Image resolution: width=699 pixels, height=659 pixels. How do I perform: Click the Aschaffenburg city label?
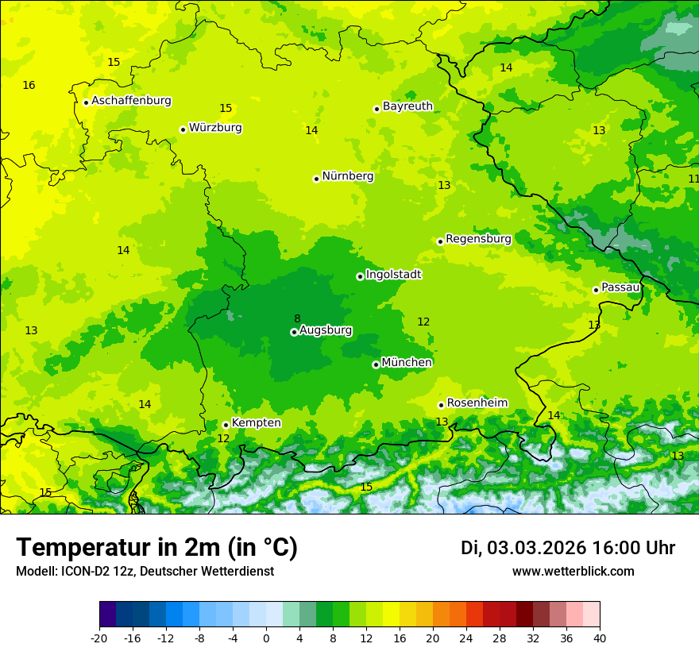tap(131, 101)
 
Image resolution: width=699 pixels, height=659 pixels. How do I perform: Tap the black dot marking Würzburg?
tap(183, 129)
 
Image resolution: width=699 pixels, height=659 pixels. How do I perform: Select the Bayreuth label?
tap(407, 106)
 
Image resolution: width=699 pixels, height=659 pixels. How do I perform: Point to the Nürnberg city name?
tap(347, 176)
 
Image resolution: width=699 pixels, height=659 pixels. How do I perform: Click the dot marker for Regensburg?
tap(440, 241)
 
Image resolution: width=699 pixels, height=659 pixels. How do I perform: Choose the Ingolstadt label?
tap(393, 275)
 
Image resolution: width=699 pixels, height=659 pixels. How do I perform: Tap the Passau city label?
tap(620, 287)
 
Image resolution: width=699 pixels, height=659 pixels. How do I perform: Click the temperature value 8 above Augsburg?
tap(297, 318)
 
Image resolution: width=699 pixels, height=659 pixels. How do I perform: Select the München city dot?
tap(376, 364)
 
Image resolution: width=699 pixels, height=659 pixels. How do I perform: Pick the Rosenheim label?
tap(477, 403)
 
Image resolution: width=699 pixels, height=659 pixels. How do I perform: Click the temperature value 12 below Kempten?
tap(223, 438)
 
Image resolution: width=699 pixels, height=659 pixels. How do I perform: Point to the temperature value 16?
tap(29, 85)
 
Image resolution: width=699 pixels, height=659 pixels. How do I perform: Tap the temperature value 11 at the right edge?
tap(693, 179)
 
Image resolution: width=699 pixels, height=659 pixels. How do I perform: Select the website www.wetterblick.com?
tap(573, 572)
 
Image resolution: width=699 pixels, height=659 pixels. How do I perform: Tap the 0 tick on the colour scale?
tap(266, 638)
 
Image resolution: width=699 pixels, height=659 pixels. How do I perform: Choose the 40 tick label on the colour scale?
tap(599, 638)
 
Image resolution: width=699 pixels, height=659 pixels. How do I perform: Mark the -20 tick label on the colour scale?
tap(99, 638)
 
